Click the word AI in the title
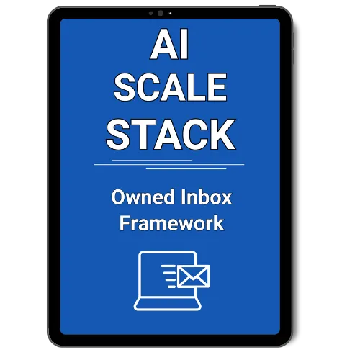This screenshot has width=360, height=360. pyautogui.click(x=169, y=45)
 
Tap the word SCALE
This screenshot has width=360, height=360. pyautogui.click(x=171, y=87)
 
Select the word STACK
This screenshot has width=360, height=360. pyautogui.click(x=171, y=135)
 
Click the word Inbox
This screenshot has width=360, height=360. pyautogui.click(x=206, y=197)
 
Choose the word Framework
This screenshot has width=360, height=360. pyautogui.click(x=171, y=223)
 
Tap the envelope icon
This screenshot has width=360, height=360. pyautogui.click(x=193, y=276)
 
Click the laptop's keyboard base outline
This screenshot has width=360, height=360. pyautogui.click(x=168, y=304)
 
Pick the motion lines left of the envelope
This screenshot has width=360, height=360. pyautogui.click(x=169, y=276)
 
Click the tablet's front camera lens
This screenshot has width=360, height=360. pyautogui.click(x=161, y=13)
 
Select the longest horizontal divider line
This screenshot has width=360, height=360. pyautogui.click(x=169, y=165)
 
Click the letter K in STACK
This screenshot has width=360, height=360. pyautogui.click(x=222, y=135)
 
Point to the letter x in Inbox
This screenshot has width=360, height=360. pyautogui.click(x=226, y=199)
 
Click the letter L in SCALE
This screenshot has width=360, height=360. pyautogui.click(x=194, y=87)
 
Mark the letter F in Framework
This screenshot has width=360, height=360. pyautogui.click(x=125, y=222)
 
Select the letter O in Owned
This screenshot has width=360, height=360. pyautogui.click(x=119, y=197)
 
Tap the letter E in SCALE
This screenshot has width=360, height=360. pyautogui.click(x=217, y=87)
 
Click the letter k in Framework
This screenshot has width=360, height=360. pyautogui.click(x=218, y=222)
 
